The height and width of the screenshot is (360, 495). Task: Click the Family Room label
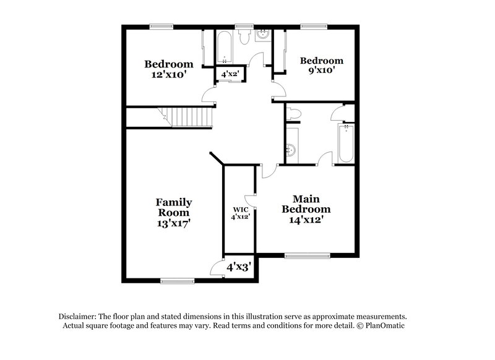[173, 207]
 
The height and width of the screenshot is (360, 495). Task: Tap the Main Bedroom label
[306, 204]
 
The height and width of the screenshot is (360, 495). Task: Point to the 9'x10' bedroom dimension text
[321, 71]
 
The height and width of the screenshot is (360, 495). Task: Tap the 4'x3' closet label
[238, 268]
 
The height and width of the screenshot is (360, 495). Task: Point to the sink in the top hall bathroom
[262, 35]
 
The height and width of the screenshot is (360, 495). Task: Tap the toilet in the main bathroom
[295, 113]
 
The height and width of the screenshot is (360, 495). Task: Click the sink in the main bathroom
[291, 150]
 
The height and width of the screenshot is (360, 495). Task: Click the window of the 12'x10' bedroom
[161, 26]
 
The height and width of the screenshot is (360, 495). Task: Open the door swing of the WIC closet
[251, 199]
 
